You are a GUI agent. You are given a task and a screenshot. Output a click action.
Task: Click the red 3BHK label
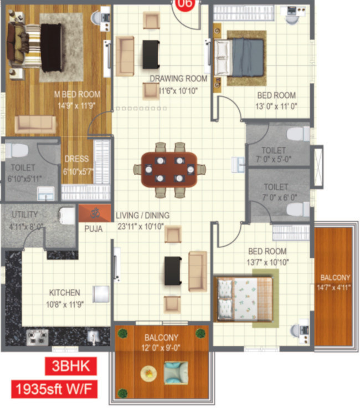pyautogui.click(x=71, y=367)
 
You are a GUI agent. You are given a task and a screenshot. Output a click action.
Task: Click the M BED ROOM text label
pyautogui.click(x=78, y=94)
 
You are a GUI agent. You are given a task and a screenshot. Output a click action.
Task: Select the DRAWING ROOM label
pyautogui.click(x=178, y=79)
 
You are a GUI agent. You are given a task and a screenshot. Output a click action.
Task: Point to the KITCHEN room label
pyautogui.click(x=64, y=292)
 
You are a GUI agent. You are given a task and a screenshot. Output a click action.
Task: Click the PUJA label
pyautogui.click(x=94, y=228)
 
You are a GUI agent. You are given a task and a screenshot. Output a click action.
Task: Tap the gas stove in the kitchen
pyautogui.click(x=37, y=336)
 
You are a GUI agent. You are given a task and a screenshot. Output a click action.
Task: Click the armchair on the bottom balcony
pyautogui.click(x=175, y=372)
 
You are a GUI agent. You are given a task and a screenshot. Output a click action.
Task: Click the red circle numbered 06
pyautogui.click(x=184, y=4)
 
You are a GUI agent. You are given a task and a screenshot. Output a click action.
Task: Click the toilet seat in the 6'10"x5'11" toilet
pyautogui.click(x=18, y=150)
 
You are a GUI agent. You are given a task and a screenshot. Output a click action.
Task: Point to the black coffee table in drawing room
pyautogui.click(x=151, y=54)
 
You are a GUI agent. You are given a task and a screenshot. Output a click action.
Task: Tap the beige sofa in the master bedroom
pyautogui.click(x=35, y=124)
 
